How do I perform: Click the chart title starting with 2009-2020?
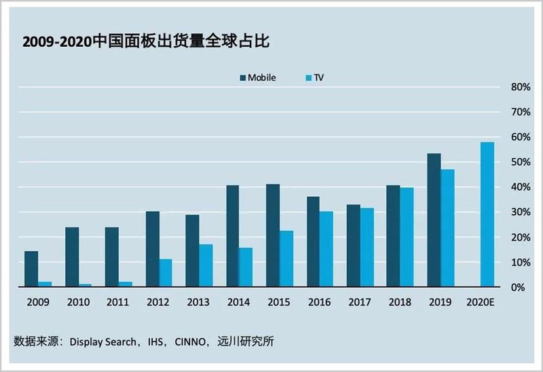click(147, 42)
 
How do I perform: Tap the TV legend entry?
click(313, 78)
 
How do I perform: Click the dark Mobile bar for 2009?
click(31, 269)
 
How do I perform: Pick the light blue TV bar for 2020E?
click(487, 215)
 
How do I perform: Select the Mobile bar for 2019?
click(434, 220)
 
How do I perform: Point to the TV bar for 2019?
click(447, 228)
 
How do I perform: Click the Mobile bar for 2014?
click(232, 236)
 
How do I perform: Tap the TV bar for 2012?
click(165, 273)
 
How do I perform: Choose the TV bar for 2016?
click(326, 249)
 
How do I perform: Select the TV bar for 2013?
click(206, 265)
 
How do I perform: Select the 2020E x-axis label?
click(481, 302)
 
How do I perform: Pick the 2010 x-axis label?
click(77, 302)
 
